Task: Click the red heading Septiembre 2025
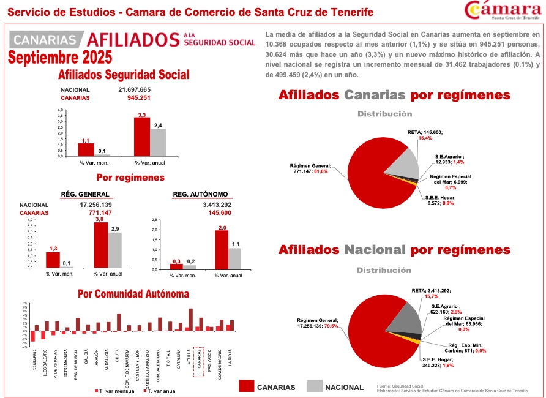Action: click(60, 58)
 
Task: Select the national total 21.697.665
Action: click(135, 89)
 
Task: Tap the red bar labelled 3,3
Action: click(142, 136)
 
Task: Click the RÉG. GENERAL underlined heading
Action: click(85, 195)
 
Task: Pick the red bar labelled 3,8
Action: click(101, 244)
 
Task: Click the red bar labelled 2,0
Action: click(222, 249)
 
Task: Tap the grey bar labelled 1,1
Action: click(235, 257)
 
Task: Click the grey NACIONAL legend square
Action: click(314, 386)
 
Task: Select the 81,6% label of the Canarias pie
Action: click(321, 172)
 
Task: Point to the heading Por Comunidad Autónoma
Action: click(133, 294)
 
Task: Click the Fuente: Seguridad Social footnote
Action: click(400, 386)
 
